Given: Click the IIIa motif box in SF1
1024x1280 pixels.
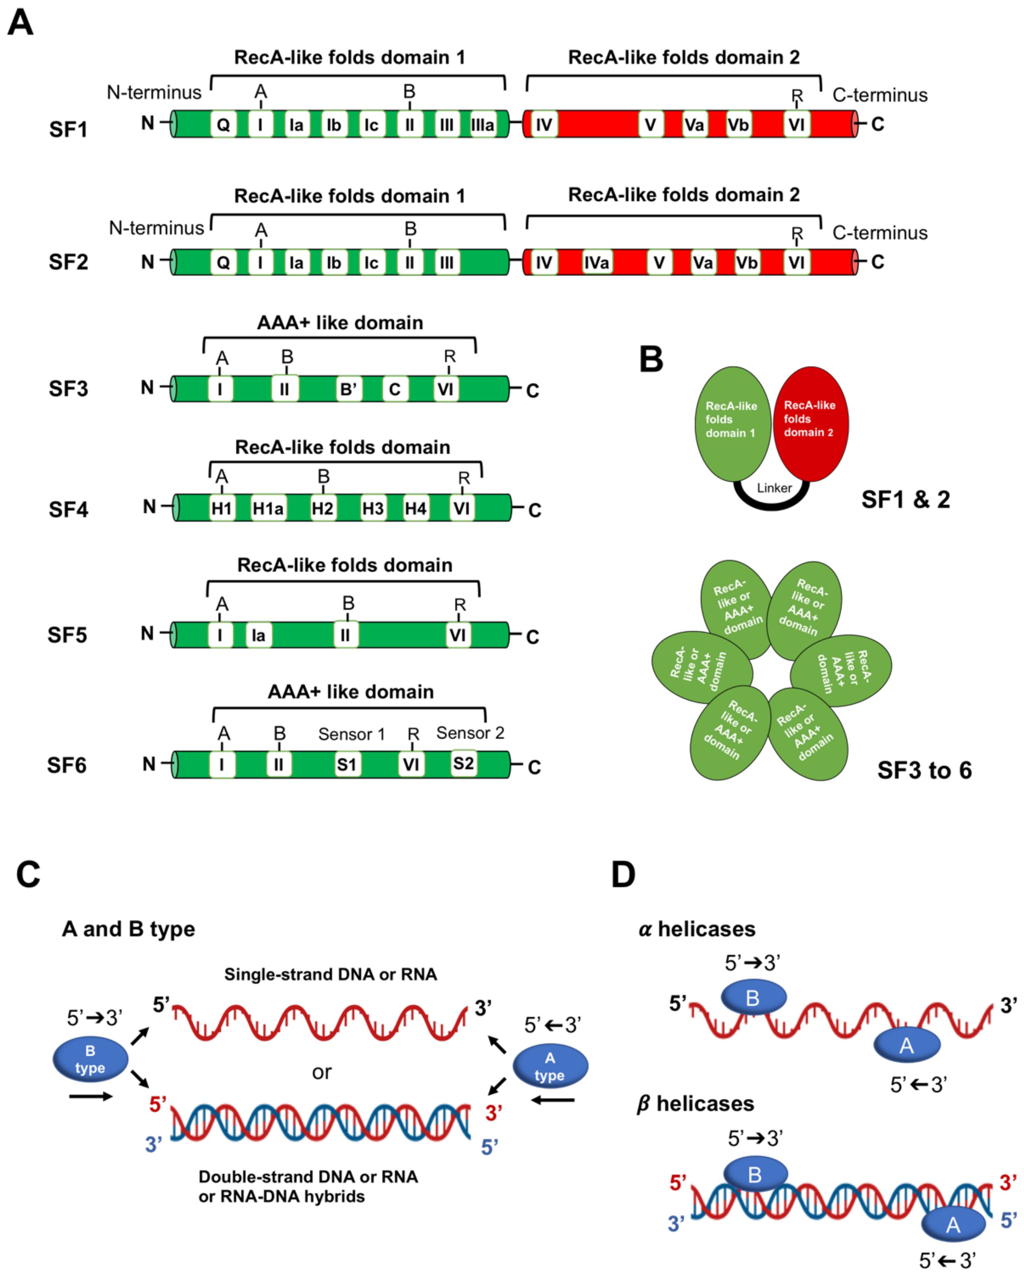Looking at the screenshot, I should coord(483,125).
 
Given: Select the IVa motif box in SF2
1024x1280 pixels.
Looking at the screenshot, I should coord(596,262).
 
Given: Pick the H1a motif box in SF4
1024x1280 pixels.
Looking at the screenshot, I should coord(268,509).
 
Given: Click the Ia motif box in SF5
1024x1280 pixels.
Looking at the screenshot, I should coord(258,636).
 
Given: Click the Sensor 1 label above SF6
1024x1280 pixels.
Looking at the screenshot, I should coord(351,734).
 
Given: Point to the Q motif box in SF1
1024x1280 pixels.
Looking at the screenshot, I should coord(223,125).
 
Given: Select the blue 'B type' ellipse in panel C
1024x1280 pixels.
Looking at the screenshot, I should coord(90,1059).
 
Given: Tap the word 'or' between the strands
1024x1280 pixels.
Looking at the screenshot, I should coord(322,1072).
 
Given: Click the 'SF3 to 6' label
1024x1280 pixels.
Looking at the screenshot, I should coord(924,771).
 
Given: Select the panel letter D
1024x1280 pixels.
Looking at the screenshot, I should coord(623,874).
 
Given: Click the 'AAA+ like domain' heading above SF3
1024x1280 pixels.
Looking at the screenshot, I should coord(340,323).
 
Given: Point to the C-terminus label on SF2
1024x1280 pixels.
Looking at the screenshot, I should coord(880,233).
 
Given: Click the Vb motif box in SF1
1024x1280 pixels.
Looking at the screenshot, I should coord(738,125).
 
